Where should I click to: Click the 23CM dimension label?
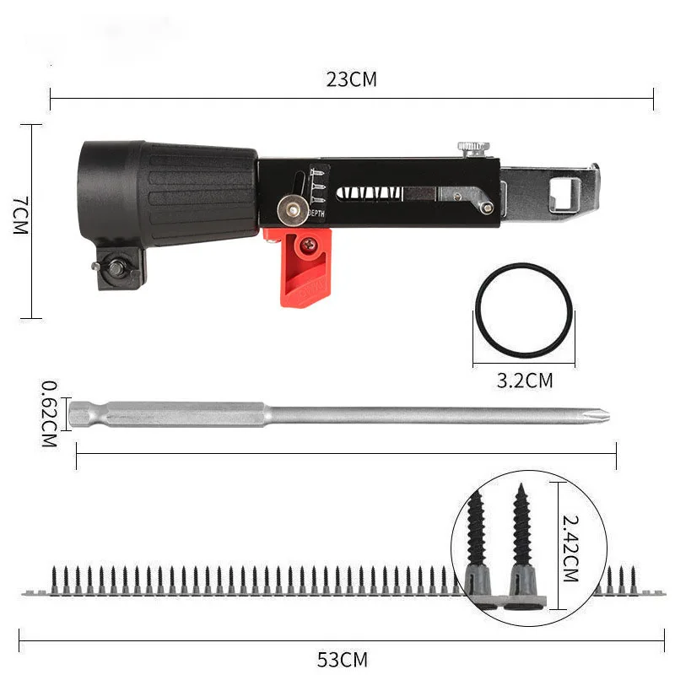click(x=352, y=80)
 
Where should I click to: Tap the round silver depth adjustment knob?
click(x=292, y=204)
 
